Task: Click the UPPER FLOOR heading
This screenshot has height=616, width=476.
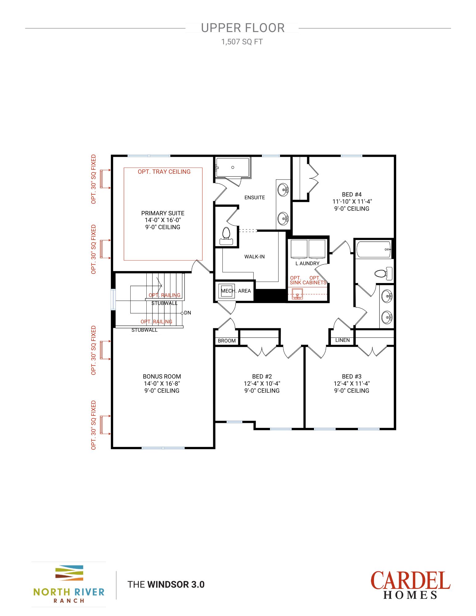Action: coord(243,28)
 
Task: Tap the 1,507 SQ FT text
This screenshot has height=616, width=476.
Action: coord(242,42)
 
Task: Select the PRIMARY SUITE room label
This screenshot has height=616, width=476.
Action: coord(163,213)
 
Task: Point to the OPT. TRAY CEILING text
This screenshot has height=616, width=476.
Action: coord(164,172)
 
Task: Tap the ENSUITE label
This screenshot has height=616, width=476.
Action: coord(254,197)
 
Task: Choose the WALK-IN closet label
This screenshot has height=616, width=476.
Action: coord(254,257)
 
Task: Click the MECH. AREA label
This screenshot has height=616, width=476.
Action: coord(236,291)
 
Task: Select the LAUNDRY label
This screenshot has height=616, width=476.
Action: coord(307,263)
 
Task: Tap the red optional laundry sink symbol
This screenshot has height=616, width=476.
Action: coord(297,294)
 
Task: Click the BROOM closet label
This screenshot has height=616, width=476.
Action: coord(226,341)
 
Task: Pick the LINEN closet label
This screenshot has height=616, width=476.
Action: coord(342,340)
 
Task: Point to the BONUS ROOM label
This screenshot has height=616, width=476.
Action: coord(162,376)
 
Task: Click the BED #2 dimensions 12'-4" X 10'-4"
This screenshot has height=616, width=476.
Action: coord(262,383)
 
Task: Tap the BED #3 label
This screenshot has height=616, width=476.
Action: coord(352,376)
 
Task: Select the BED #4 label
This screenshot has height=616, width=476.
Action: coord(352,194)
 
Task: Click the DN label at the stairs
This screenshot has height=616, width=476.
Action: coord(187,313)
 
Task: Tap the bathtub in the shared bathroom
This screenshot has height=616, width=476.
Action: coord(374,249)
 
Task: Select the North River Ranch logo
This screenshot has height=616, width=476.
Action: coord(69,584)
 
